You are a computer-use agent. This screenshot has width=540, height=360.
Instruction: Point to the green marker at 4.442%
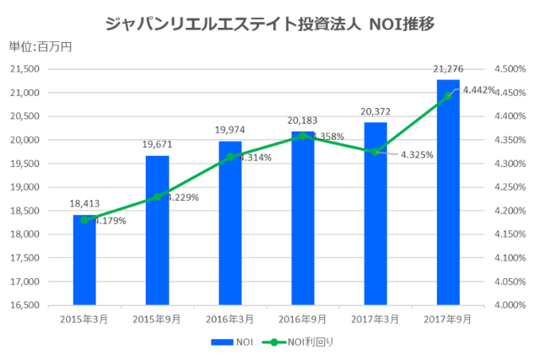point(448,96)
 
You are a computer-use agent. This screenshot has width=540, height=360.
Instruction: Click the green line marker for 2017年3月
point(375,152)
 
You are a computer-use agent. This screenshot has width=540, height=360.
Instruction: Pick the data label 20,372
point(375,110)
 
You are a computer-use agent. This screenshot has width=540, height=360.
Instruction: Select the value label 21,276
point(448,68)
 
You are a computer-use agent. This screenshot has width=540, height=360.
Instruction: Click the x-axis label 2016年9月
point(303,319)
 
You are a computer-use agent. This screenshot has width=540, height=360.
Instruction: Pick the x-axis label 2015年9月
point(157,319)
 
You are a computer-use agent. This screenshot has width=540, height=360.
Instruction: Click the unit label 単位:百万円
point(40,46)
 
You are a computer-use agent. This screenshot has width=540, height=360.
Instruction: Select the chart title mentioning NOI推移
point(270,23)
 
